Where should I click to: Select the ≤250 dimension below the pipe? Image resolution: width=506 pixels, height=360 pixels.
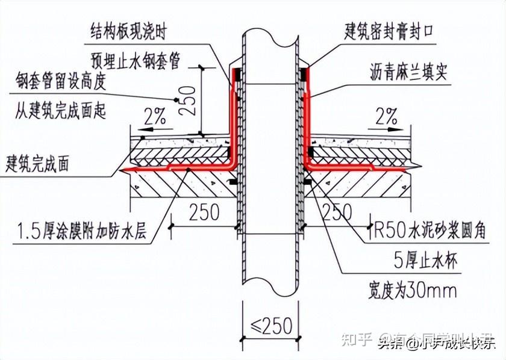[x=270, y=326]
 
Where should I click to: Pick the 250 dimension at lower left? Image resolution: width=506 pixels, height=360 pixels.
[x=205, y=213]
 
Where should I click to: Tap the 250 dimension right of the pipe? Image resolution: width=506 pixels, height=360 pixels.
[x=338, y=212]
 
